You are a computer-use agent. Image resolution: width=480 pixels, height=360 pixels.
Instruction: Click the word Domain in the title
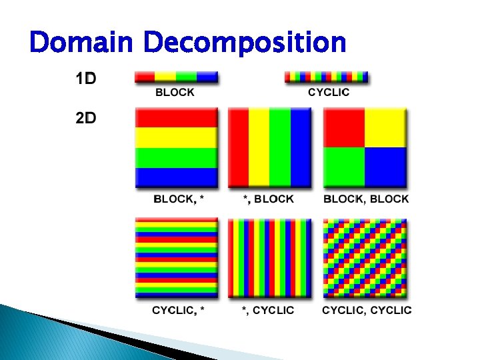[83, 43]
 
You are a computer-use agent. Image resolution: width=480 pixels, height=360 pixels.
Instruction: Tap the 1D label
[85, 79]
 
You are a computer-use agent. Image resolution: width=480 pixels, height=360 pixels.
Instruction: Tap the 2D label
[85, 118]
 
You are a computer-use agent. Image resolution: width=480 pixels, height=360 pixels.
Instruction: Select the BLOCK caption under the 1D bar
[175, 93]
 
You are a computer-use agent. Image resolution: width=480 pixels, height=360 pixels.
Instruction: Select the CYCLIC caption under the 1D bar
[328, 93]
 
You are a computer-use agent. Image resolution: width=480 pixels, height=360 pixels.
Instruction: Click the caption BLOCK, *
[176, 199]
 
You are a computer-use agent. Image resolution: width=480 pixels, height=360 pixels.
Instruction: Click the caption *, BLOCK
[268, 199]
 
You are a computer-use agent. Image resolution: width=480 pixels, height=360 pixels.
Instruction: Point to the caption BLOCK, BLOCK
[366, 199]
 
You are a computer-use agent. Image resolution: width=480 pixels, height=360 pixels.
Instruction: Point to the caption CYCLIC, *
[178, 310]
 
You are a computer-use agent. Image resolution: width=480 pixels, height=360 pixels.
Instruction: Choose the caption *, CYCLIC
[268, 310]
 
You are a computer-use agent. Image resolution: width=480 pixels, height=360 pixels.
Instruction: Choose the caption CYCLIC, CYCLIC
[367, 310]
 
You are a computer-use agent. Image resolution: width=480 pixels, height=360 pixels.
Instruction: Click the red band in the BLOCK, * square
[176, 117]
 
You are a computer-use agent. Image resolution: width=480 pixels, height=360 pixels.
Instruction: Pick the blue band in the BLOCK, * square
[176, 177]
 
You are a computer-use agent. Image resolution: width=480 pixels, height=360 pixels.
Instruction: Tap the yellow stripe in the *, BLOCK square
[259, 148]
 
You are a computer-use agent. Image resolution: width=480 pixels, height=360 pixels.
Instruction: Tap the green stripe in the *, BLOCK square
[280, 148]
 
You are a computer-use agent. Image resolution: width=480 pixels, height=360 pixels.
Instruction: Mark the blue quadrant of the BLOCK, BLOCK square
[385, 167]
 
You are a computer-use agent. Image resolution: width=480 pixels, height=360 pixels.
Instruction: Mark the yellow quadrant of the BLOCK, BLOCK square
[385, 128]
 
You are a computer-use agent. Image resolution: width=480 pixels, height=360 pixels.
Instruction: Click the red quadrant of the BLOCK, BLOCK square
[344, 128]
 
